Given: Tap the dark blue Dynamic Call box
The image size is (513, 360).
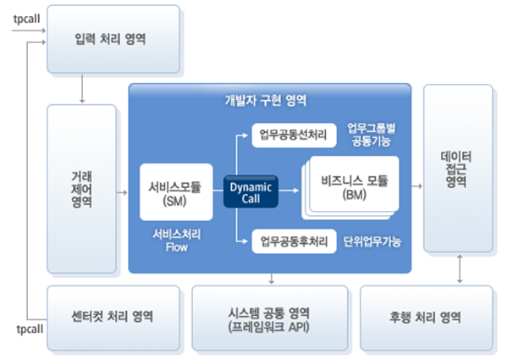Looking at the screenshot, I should [x=251, y=191].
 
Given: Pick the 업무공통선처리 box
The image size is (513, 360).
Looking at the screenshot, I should [x=293, y=135].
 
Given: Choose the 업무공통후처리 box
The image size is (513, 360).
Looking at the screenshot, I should [x=293, y=241].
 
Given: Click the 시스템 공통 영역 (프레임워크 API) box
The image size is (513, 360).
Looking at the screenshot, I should [x=269, y=318].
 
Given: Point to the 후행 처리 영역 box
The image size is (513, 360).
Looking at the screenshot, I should [x=426, y=317].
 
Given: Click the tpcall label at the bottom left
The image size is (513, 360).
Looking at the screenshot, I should [x=29, y=327].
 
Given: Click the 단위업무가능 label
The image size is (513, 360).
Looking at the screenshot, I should [x=372, y=241].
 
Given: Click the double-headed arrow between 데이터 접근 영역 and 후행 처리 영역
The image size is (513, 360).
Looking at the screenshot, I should [x=457, y=269].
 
